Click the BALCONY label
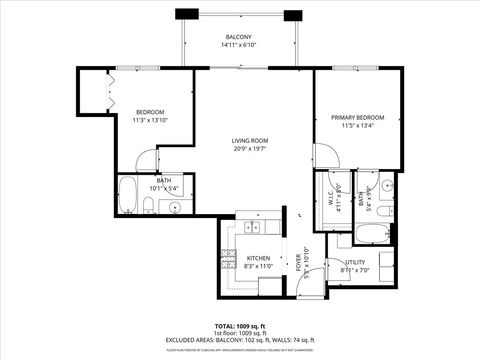coord(238,37)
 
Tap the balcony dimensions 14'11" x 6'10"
coord(238,45)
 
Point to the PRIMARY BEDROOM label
coord(357,118)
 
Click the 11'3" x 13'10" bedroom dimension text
coord(150,120)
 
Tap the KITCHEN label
coord(259,259)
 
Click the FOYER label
coord(298,262)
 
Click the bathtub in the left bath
coord(128,197)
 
